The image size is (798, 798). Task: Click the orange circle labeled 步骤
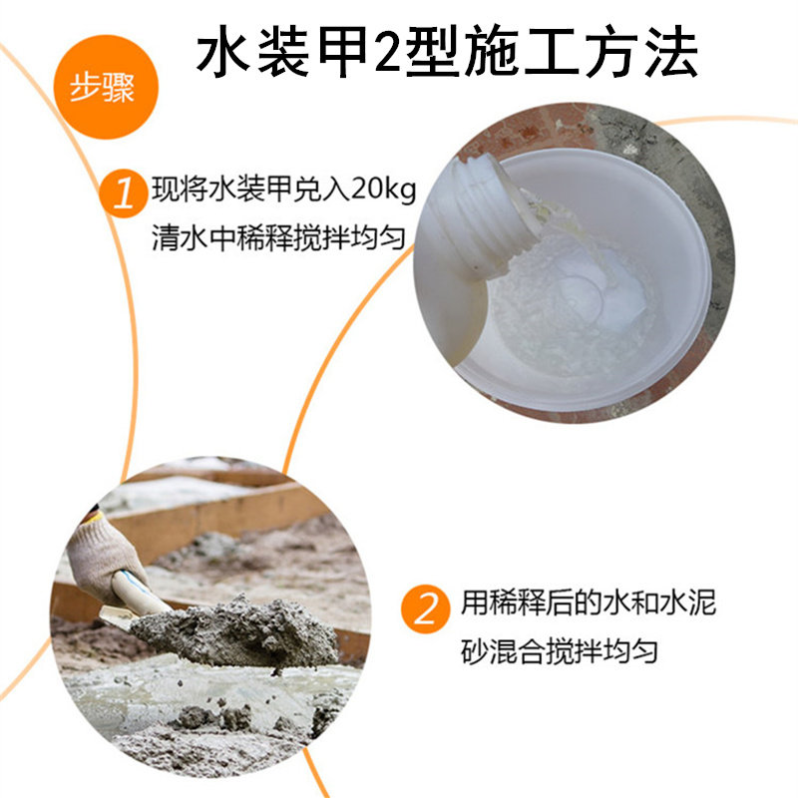click(106, 87)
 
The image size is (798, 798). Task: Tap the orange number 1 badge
click(124, 194)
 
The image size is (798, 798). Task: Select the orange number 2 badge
click(426, 608)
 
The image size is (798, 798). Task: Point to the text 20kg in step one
click(383, 190)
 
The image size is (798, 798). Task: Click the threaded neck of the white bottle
click(489, 213)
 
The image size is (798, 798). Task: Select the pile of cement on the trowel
click(239, 631)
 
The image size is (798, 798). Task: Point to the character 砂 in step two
click(475, 651)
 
